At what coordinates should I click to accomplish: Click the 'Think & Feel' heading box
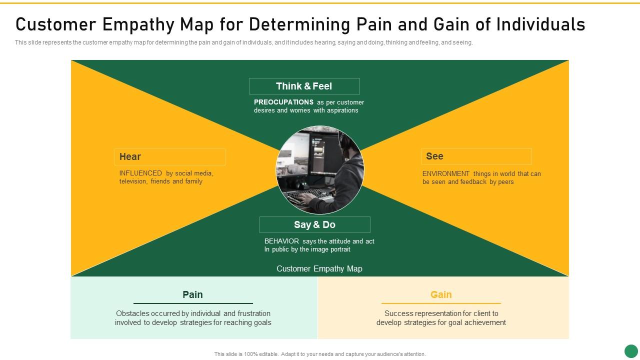tap(304, 86)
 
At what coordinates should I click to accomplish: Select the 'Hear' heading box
tap(169, 156)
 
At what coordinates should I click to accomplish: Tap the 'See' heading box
tap(476, 156)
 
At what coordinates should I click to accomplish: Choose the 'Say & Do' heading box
tap(314, 224)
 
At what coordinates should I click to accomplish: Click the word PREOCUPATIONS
tap(283, 102)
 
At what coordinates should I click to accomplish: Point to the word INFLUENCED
tap(140, 173)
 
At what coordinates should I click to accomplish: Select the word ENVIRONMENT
tap(446, 174)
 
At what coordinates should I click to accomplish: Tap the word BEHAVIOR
tap(281, 241)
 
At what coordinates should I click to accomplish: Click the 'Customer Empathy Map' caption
tap(319, 269)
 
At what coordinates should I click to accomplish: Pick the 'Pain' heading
tap(192, 294)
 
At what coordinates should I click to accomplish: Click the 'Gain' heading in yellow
tap(441, 294)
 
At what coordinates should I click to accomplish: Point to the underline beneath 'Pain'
tap(193, 303)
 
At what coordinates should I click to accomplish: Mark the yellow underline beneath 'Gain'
tap(441, 303)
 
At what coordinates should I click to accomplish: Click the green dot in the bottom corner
tap(631, 351)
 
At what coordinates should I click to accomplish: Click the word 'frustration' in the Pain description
tap(254, 313)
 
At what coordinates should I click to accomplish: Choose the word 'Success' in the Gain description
tap(398, 313)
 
